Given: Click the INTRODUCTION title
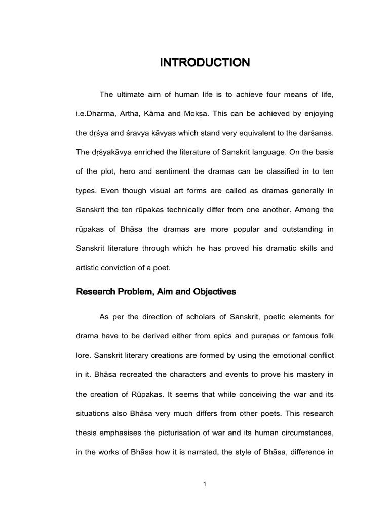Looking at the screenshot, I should (205, 63).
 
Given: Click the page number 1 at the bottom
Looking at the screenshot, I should (204, 484).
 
